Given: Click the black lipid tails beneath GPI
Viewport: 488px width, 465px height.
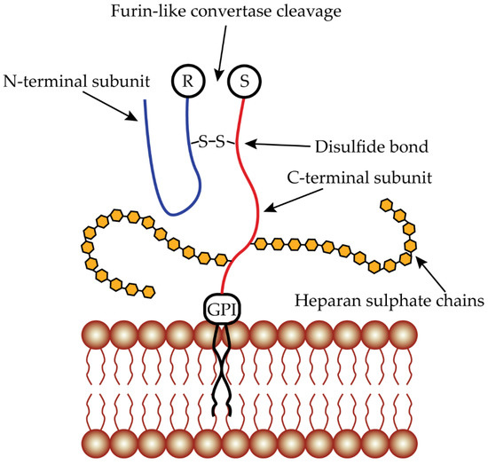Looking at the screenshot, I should (222, 373).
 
